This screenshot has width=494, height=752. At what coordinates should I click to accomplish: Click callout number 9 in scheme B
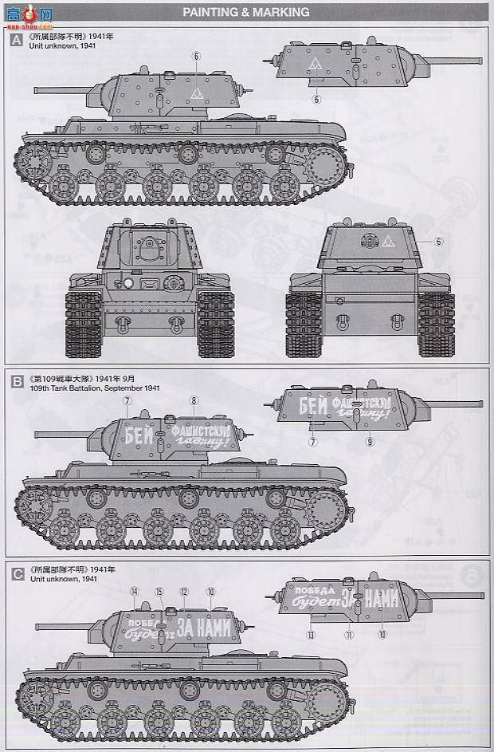pyautogui.click(x=369, y=440)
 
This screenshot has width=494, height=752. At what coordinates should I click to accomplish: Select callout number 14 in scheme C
pyautogui.click(x=135, y=591)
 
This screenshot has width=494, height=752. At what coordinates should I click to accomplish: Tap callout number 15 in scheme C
pyautogui.click(x=159, y=591)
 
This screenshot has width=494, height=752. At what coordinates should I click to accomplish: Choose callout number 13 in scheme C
pyautogui.click(x=311, y=635)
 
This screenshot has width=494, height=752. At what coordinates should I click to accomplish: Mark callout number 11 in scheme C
pyautogui.click(x=348, y=635)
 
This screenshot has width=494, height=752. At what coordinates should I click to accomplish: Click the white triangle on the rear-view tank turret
pyautogui.click(x=388, y=240)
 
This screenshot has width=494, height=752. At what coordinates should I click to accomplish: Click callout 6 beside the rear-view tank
pyautogui.click(x=437, y=241)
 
